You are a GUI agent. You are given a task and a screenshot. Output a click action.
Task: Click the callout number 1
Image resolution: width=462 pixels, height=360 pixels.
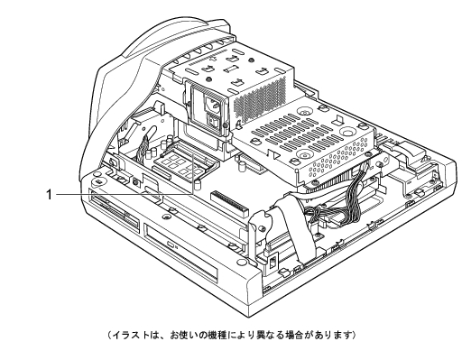coord(49,194)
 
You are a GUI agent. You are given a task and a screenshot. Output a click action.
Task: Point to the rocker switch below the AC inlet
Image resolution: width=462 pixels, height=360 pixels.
coord(214,121)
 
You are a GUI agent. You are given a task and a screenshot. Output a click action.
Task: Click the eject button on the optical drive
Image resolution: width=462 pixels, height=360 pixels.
coord(171,245)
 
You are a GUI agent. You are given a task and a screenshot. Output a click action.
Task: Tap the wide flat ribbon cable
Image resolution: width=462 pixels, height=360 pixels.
coord(296,228)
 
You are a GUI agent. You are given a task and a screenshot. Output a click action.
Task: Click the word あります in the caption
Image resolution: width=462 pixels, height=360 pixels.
coord(333,335)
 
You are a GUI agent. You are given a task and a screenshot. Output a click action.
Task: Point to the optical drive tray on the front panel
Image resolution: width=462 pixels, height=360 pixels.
coord(180,252)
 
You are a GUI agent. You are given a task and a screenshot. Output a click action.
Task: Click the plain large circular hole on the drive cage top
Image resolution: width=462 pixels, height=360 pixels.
coord(349,132)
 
